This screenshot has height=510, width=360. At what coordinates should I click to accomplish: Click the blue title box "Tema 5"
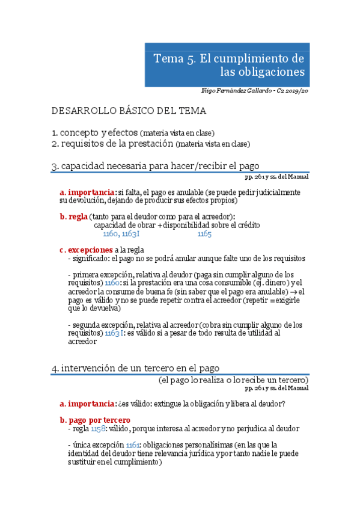click(x=229, y=65)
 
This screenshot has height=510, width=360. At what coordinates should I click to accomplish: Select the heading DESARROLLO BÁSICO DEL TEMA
click(x=129, y=111)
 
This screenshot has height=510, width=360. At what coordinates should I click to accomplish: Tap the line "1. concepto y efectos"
click(x=94, y=132)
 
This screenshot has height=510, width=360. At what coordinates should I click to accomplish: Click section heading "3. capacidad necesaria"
click(x=156, y=166)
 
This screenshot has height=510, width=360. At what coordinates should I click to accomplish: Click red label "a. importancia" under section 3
click(x=88, y=192)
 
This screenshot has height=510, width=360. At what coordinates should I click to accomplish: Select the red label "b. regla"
click(x=73, y=217)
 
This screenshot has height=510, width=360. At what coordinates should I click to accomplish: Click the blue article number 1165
click(x=204, y=234)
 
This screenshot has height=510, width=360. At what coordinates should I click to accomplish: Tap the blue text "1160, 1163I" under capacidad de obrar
click(x=121, y=234)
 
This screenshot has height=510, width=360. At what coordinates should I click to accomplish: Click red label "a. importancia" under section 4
click(x=88, y=403)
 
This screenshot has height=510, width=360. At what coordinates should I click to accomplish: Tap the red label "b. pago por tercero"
click(x=95, y=420)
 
